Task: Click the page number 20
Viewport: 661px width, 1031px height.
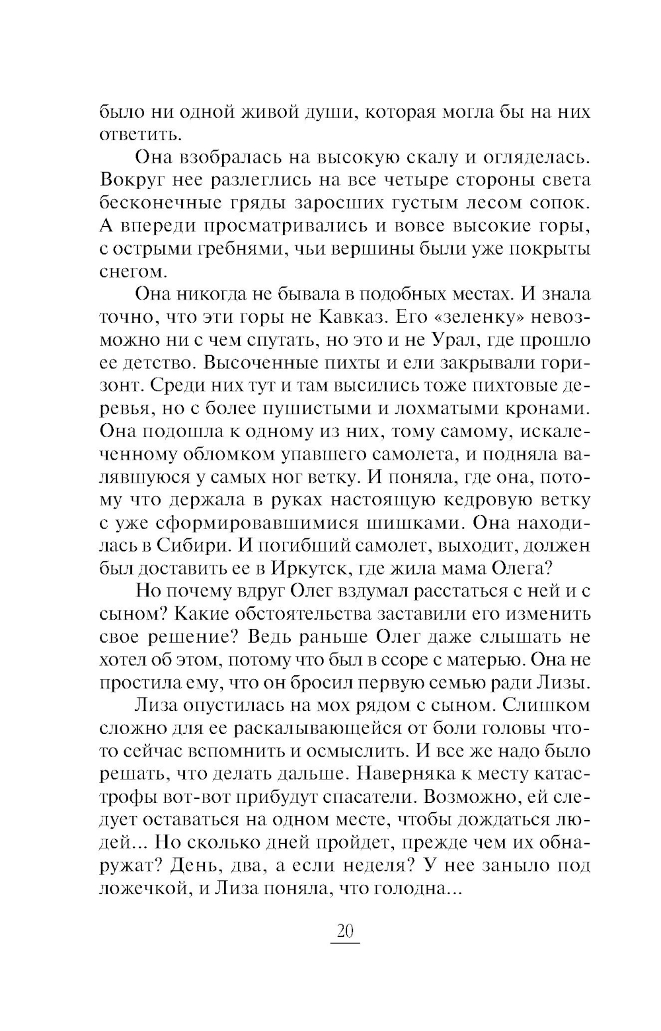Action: click(x=345, y=932)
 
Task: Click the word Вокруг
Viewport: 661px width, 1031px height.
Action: click(x=132, y=180)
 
